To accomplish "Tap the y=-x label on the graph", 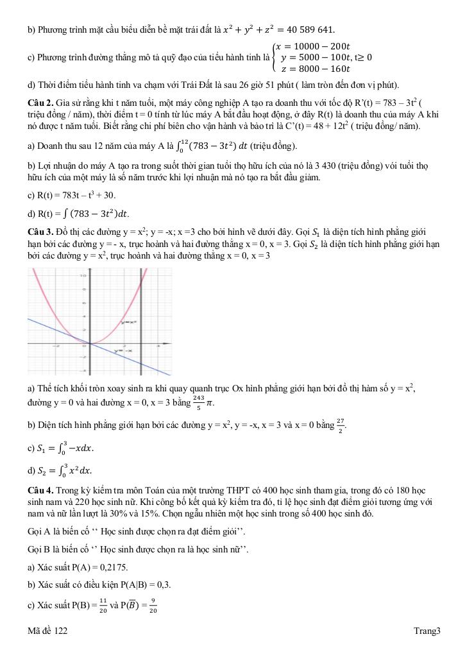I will point(123,351).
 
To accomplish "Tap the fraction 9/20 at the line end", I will point(152,606).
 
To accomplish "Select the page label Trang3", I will point(427,631).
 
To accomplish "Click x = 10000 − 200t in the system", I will point(313,46).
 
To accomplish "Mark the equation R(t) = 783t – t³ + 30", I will point(71,195).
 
